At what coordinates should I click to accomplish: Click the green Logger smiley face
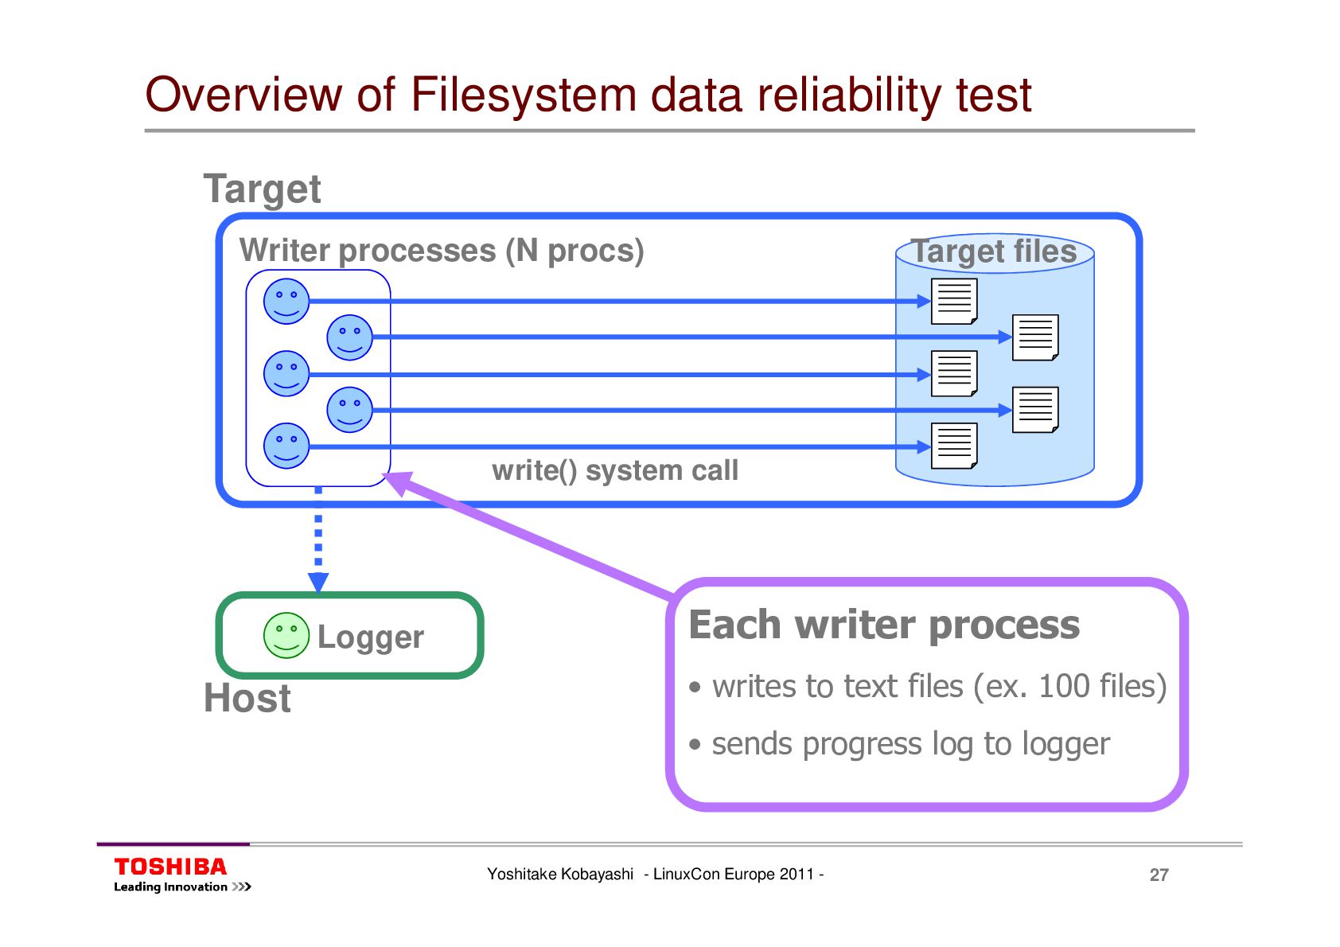[x=286, y=635]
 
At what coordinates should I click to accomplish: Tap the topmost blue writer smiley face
[x=286, y=301]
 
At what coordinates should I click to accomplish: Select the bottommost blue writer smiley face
[x=286, y=446]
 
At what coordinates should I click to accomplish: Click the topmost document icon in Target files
[x=953, y=301]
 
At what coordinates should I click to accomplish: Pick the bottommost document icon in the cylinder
[x=953, y=446]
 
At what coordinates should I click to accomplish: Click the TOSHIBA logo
[x=170, y=867]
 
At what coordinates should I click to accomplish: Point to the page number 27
[x=1159, y=875]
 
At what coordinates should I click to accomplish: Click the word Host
[x=247, y=698]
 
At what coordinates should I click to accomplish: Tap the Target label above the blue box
[x=262, y=189]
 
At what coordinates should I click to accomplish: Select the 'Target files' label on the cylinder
[x=994, y=251]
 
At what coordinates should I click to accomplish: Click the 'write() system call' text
[x=615, y=470]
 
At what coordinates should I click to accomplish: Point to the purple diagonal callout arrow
[x=533, y=536]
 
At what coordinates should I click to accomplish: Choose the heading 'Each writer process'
[x=884, y=625]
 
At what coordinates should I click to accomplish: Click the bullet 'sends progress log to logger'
[x=910, y=744]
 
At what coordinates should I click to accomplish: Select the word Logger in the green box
[x=371, y=637]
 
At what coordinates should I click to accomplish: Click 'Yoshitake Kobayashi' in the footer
[x=559, y=874]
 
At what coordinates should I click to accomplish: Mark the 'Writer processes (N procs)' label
[x=442, y=251]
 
